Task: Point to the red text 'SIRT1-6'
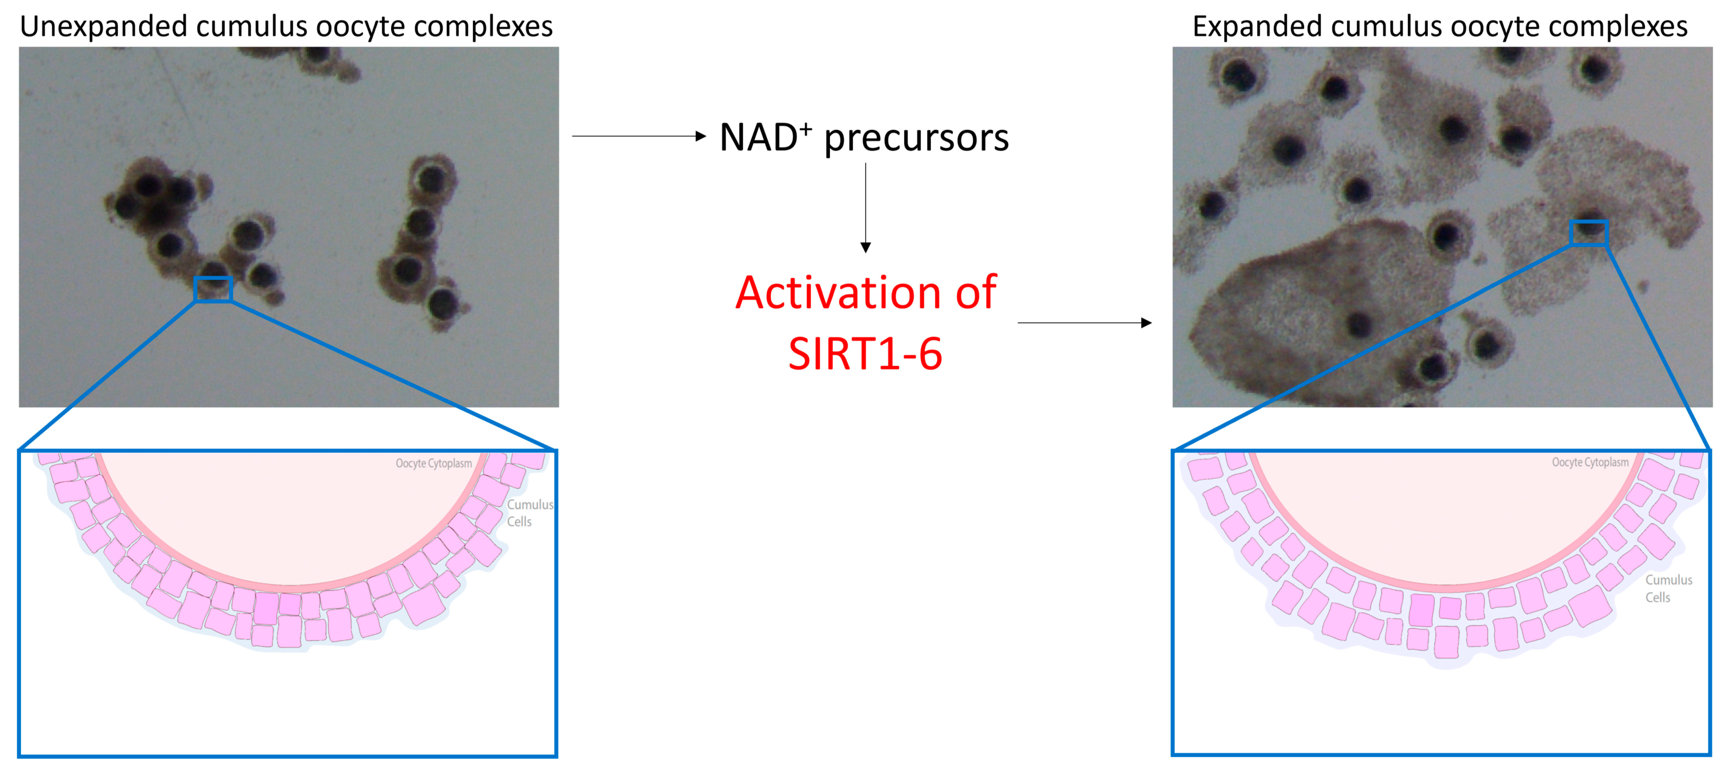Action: pos(865,354)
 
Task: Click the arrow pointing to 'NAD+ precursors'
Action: pos(639,136)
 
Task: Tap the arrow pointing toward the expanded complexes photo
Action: pos(1085,323)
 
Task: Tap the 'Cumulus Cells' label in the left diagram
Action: pos(529,513)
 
